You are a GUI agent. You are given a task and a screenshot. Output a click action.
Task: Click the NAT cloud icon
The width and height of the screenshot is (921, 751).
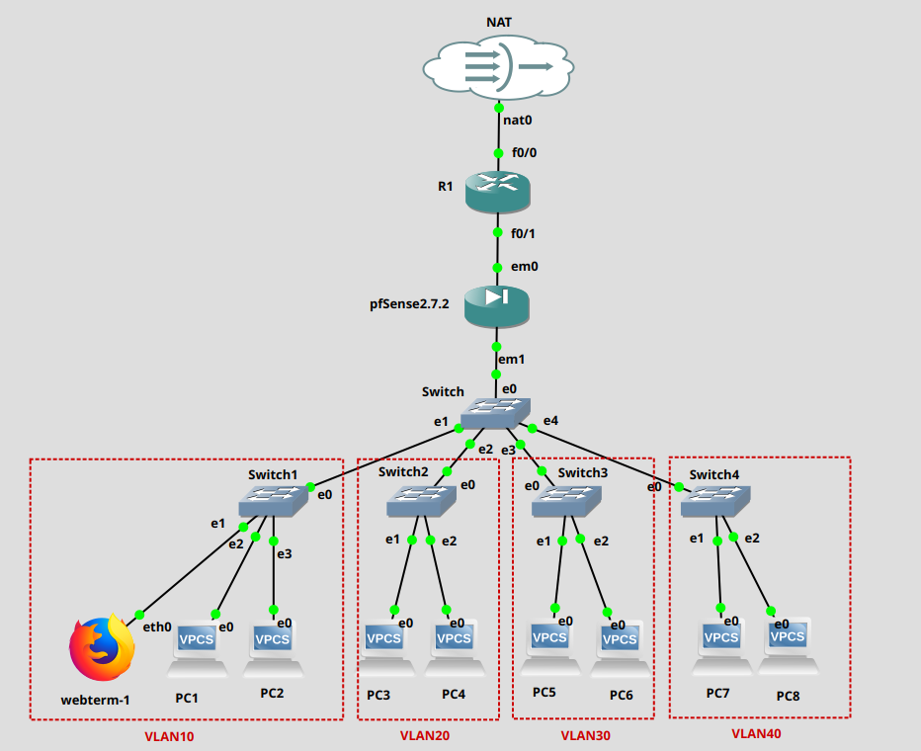(498, 66)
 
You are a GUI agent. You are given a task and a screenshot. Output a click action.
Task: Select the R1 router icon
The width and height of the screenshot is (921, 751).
(498, 189)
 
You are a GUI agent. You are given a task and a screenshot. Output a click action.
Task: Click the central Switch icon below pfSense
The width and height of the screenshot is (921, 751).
(496, 412)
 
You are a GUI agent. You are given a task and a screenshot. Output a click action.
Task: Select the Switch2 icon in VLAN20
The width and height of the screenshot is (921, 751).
(421, 502)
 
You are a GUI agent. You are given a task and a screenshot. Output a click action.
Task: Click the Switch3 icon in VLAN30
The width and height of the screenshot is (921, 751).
(567, 503)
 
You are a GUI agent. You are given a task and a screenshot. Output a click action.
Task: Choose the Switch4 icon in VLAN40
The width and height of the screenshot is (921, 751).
(715, 502)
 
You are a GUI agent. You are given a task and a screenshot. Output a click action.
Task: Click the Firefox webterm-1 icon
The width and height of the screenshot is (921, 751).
(101, 649)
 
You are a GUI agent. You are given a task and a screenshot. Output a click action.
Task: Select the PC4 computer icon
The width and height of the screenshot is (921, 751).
(455, 646)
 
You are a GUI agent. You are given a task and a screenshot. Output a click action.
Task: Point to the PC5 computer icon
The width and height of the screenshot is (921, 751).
(549, 646)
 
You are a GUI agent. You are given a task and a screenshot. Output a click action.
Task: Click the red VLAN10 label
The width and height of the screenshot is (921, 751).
(170, 736)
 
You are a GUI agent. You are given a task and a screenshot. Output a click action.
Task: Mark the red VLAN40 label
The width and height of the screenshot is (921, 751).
(755, 733)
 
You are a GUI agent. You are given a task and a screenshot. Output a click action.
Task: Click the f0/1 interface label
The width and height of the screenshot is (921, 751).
(523, 234)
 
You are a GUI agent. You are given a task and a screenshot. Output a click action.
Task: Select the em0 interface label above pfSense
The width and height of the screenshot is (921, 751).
(524, 267)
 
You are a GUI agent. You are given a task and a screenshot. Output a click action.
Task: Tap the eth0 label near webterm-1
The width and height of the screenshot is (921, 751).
(157, 626)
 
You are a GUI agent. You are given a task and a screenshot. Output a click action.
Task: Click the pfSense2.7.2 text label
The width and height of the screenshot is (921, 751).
(409, 304)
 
